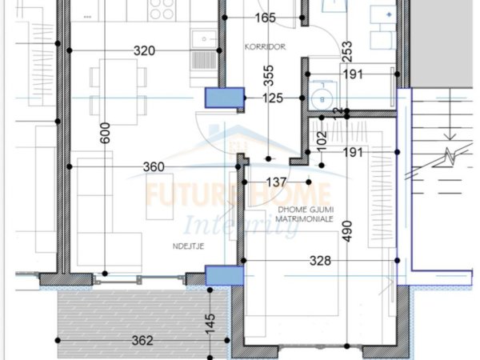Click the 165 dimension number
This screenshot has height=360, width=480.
click(x=266, y=18)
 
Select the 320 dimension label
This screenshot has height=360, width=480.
click(x=144, y=50)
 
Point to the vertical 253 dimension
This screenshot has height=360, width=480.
click(x=346, y=52)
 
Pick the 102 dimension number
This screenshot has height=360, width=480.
click(x=322, y=142)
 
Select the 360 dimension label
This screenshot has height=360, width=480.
click(x=153, y=167)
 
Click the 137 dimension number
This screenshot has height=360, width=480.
click(x=276, y=182)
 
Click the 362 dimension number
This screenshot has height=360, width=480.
click(x=142, y=341)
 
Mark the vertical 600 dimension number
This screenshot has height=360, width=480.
click(x=105, y=137)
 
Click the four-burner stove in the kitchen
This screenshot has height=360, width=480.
click(x=162, y=11)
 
